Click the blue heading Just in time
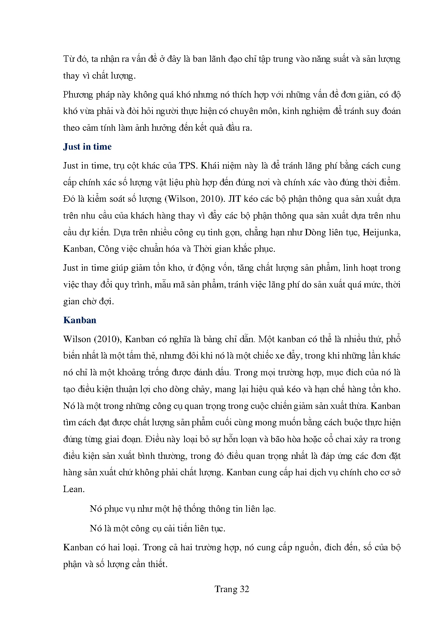point(87,147)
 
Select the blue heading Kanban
point(80,320)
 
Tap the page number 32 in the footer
point(244,589)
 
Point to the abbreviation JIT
point(235,199)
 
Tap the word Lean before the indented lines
point(73,489)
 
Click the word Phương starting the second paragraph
point(77,95)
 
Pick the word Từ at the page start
point(69,59)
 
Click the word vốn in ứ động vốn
point(223,268)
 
